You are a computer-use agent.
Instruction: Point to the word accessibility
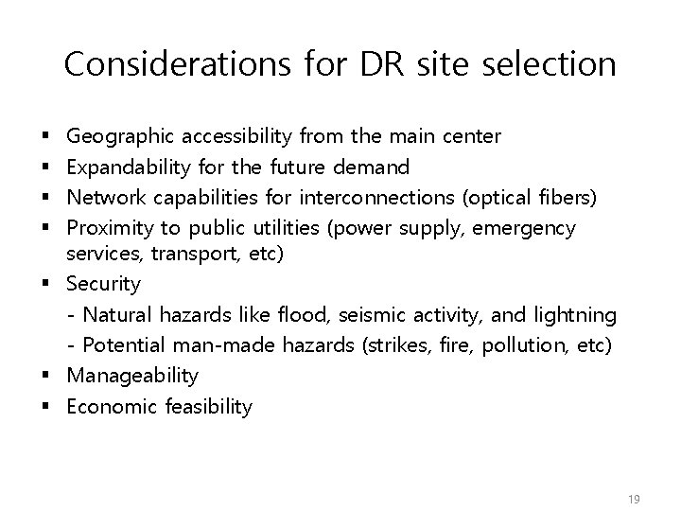(241, 136)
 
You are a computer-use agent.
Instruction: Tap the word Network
(106, 198)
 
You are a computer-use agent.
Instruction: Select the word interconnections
(375, 198)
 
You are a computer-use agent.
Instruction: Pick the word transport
(185, 253)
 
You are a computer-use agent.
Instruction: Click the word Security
(104, 284)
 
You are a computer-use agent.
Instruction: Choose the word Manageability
(132, 376)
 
